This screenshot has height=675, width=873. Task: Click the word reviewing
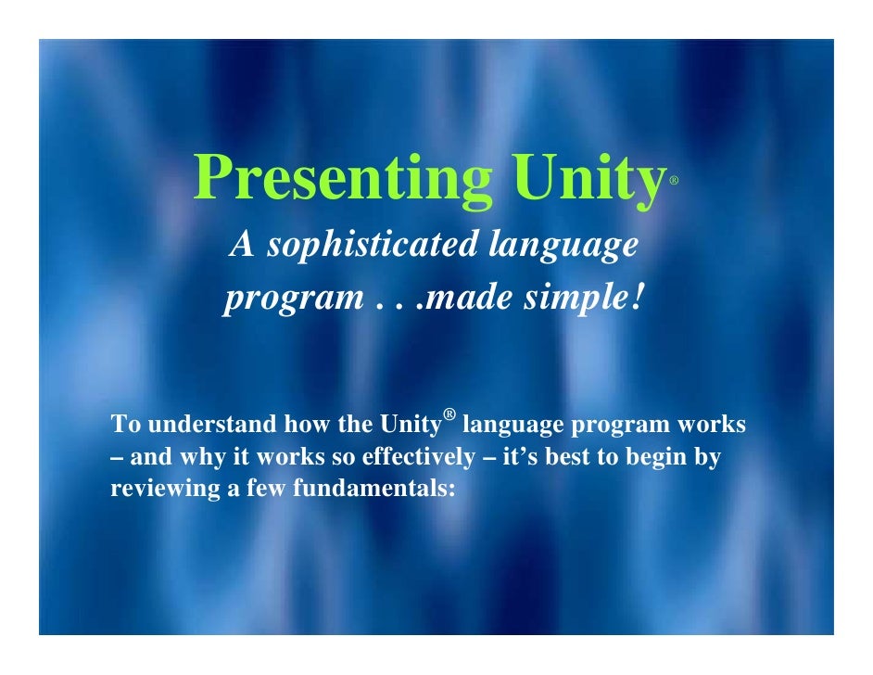click(x=162, y=489)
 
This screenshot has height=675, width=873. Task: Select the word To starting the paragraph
click(x=124, y=426)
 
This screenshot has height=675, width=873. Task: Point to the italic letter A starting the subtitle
click(x=242, y=246)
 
